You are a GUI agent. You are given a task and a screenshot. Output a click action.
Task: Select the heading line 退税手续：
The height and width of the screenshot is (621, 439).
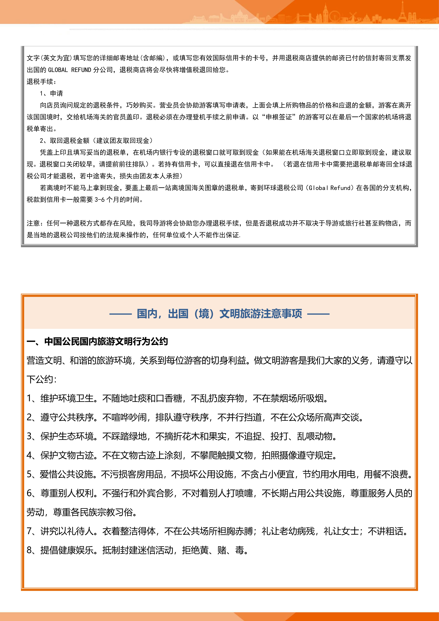(41, 81)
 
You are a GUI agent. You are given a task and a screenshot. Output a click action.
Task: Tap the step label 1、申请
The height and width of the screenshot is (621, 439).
(51, 93)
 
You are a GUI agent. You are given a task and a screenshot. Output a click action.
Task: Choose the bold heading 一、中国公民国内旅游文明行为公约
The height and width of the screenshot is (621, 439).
(97, 341)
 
